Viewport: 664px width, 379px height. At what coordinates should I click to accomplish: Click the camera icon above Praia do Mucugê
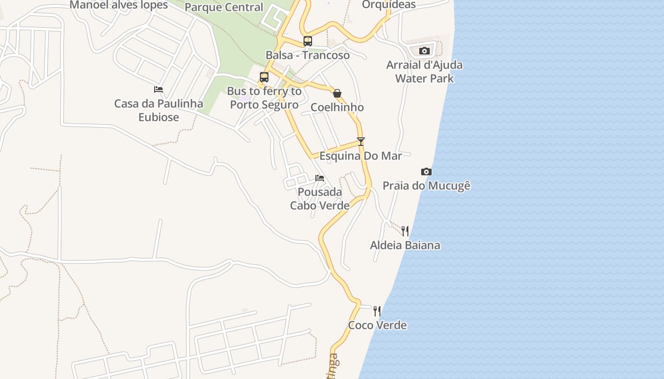pyautogui.click(x=426, y=171)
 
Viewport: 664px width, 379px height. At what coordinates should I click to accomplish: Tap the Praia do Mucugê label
pyautogui.click(x=426, y=185)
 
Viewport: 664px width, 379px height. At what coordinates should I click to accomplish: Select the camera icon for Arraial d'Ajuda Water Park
pyautogui.click(x=424, y=51)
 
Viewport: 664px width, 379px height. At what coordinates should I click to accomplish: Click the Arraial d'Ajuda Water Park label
pyautogui.click(x=424, y=72)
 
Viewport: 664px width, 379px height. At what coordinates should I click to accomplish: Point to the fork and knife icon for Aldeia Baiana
pyautogui.click(x=405, y=231)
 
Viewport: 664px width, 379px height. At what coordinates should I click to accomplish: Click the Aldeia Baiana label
pyautogui.click(x=405, y=245)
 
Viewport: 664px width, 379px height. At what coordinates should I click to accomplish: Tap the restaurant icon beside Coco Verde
pyautogui.click(x=377, y=311)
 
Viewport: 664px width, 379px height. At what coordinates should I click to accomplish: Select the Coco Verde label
pyautogui.click(x=377, y=325)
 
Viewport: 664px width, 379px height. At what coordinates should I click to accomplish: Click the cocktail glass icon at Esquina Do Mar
pyautogui.click(x=361, y=141)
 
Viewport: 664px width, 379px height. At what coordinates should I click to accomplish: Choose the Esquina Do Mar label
pyautogui.click(x=360, y=156)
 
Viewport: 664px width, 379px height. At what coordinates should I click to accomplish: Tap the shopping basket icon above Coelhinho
pyautogui.click(x=337, y=93)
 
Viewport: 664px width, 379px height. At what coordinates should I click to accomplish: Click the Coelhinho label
pyautogui.click(x=337, y=108)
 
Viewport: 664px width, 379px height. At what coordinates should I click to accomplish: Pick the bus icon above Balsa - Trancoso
pyautogui.click(x=308, y=41)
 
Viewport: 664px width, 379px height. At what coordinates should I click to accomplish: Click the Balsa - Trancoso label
pyautogui.click(x=307, y=55)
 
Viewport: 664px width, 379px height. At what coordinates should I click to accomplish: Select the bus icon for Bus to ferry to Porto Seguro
pyautogui.click(x=264, y=77)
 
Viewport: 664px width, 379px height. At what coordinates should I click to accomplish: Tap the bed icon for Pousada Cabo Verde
pyautogui.click(x=320, y=178)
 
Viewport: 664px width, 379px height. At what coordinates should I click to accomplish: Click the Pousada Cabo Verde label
pyautogui.click(x=320, y=199)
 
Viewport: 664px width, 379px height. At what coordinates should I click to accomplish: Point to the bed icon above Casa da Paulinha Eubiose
pyautogui.click(x=158, y=89)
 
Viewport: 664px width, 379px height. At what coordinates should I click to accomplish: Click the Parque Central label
pyautogui.click(x=223, y=7)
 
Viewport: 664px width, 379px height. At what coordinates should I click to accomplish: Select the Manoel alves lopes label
pyautogui.click(x=119, y=5)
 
